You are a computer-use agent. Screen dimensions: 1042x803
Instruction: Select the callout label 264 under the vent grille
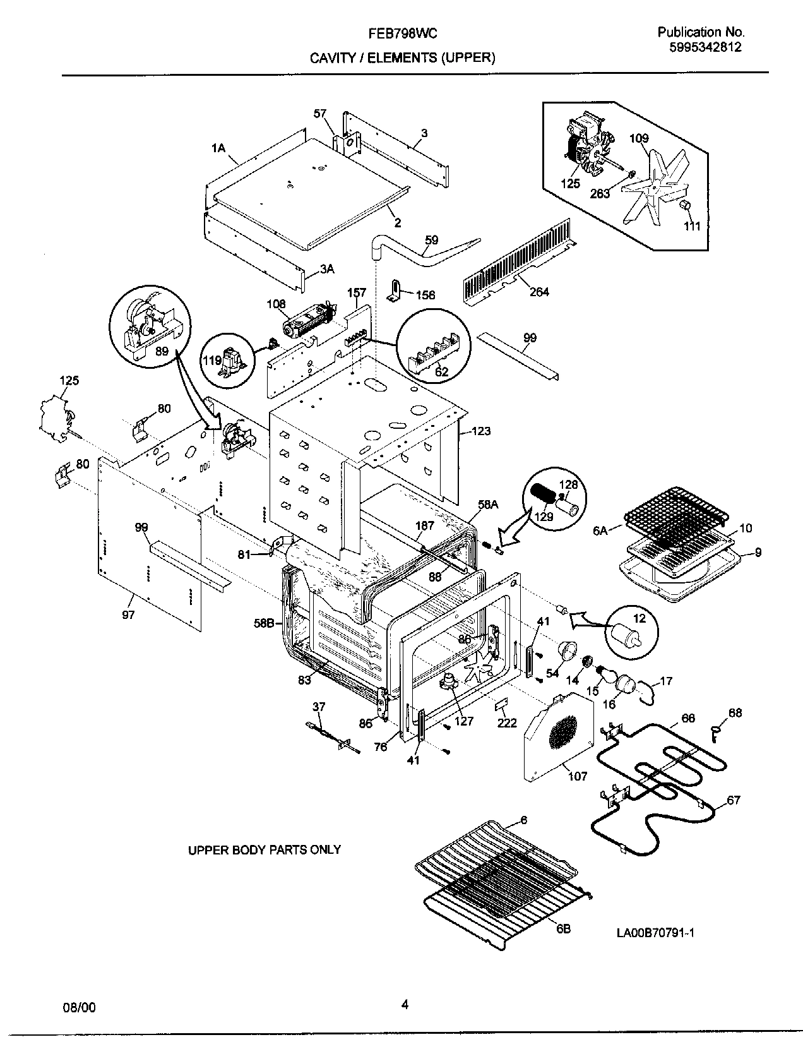[539, 292]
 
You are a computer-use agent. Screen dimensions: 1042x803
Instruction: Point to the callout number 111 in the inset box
[693, 226]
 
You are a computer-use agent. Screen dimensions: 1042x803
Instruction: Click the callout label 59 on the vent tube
[431, 240]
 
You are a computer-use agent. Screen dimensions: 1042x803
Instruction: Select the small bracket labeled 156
[391, 292]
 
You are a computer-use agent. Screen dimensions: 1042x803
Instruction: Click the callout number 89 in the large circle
[162, 352]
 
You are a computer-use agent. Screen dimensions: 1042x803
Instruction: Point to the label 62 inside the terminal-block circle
[442, 371]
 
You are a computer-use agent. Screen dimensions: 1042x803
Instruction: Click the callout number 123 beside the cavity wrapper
[480, 432]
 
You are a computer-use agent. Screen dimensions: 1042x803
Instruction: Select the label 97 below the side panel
[128, 614]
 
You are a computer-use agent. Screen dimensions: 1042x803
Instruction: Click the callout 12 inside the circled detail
[639, 618]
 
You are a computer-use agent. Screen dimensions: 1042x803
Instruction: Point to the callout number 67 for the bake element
[733, 800]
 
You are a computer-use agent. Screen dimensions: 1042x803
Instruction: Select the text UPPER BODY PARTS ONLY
[265, 850]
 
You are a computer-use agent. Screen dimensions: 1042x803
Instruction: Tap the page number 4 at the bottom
[405, 1005]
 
